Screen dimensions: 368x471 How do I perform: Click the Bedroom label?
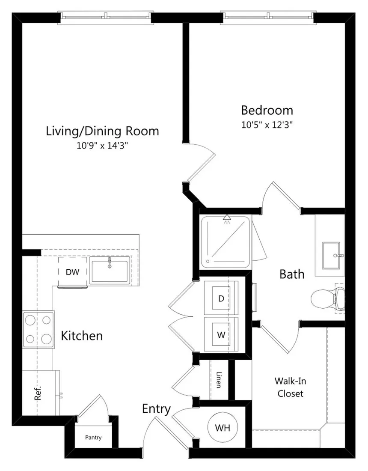pos(267,110)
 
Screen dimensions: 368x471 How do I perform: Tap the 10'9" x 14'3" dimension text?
pos(102,146)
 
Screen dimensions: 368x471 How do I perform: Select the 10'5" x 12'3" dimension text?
pos(267,125)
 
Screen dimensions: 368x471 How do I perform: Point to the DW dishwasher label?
pos(73,272)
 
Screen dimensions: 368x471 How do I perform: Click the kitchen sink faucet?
pos(110,262)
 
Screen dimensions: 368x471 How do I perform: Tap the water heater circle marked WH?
pos(223,427)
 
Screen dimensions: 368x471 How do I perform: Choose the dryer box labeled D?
pos(221,298)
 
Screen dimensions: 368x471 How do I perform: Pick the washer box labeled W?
pos(221,334)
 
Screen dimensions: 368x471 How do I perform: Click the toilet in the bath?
pos(327,299)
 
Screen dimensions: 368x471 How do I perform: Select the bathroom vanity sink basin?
pos(332,256)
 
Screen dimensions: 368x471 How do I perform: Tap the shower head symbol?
pos(227,219)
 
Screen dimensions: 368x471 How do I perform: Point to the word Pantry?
pos(93,437)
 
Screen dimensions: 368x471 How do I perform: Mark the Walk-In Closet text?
pos(290,387)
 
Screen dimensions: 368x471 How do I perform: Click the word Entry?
pos(156,409)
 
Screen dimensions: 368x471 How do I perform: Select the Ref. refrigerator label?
pos(38,393)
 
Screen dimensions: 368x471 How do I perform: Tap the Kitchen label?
pos(82,336)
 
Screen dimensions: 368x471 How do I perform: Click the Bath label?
pos(292,274)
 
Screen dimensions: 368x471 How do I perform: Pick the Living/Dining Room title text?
pos(102,131)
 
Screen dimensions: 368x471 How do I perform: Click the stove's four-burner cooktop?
pos(39,330)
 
